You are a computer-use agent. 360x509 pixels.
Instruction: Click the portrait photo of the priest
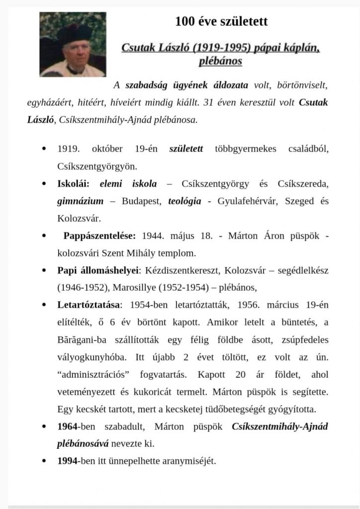[73, 44]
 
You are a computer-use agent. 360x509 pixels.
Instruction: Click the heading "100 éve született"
[221, 21]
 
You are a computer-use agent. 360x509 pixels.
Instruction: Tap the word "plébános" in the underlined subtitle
[220, 61]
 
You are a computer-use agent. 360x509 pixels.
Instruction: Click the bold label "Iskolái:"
[73, 184]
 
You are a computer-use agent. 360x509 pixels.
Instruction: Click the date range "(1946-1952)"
[83, 287]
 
